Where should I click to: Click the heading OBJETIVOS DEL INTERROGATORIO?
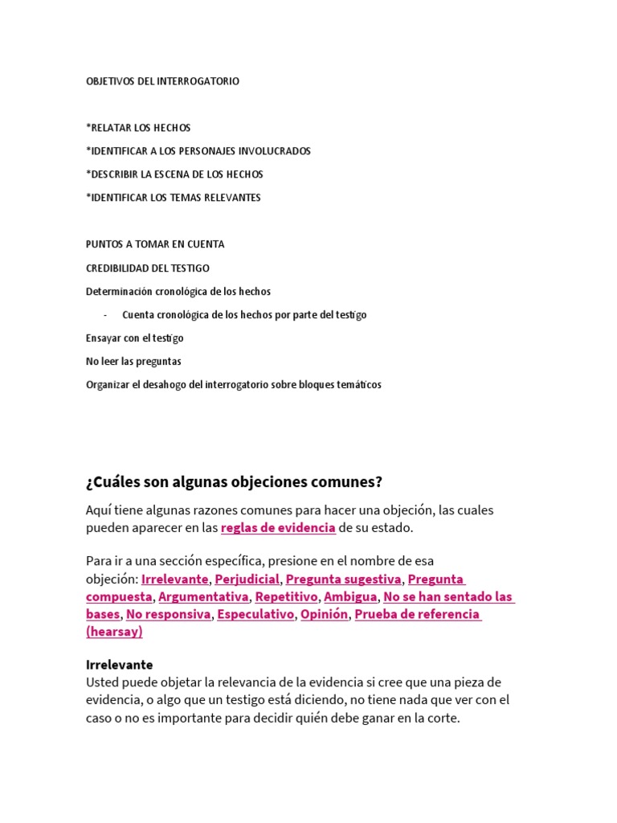tap(162, 81)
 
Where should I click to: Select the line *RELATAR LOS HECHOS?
tap(138, 128)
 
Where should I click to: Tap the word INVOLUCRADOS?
tap(275, 151)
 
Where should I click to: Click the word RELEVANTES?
tap(232, 198)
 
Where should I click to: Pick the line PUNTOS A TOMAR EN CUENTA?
tap(155, 244)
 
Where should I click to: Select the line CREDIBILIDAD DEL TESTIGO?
tap(147, 268)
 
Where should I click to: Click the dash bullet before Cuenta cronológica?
tap(106, 315)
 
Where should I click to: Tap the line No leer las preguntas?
tap(133, 362)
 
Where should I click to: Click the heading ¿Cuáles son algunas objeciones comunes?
tap(234, 482)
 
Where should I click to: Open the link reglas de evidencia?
tap(278, 527)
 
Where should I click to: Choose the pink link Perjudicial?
tap(247, 579)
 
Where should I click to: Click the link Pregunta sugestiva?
tap(343, 579)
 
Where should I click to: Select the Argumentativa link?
tap(204, 596)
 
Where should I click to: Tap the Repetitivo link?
tap(286, 596)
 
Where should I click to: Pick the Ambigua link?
tap(350, 596)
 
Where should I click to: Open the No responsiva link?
tap(167, 614)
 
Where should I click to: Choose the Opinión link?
tap(325, 614)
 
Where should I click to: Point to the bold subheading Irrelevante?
tap(119, 665)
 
